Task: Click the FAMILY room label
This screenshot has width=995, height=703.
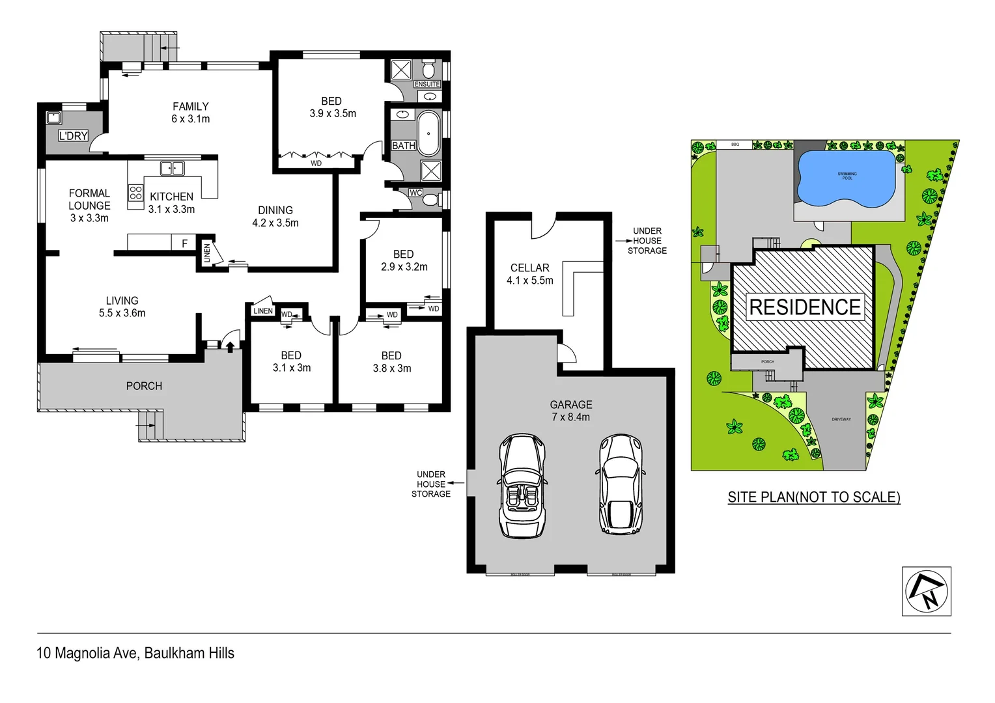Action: pos(190,106)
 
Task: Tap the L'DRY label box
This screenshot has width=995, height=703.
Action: pos(73,135)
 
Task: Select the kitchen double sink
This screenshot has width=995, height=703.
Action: pos(172,169)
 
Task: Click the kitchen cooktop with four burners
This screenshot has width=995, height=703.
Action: pos(135,193)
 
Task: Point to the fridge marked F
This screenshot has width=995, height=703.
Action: pos(184,243)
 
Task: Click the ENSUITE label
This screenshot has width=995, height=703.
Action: pos(427,84)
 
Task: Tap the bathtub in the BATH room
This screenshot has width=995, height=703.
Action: pos(428,133)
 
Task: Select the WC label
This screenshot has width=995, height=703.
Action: pos(415,193)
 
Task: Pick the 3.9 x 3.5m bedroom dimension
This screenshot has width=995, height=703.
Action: pos(332,113)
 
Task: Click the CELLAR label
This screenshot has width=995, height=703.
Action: pos(529,268)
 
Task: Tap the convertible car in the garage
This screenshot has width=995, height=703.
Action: pos(522,486)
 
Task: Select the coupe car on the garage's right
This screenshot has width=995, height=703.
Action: pos(621,484)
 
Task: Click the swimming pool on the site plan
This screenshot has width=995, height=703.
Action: pos(846,178)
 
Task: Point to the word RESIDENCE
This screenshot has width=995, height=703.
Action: pos(805,307)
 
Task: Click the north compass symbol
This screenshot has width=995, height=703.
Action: pos(926,591)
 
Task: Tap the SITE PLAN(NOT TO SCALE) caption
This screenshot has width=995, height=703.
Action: pos(813,497)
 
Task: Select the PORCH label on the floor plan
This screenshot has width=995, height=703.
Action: pos(144,386)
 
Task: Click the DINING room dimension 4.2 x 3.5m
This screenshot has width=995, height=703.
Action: pos(275,223)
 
